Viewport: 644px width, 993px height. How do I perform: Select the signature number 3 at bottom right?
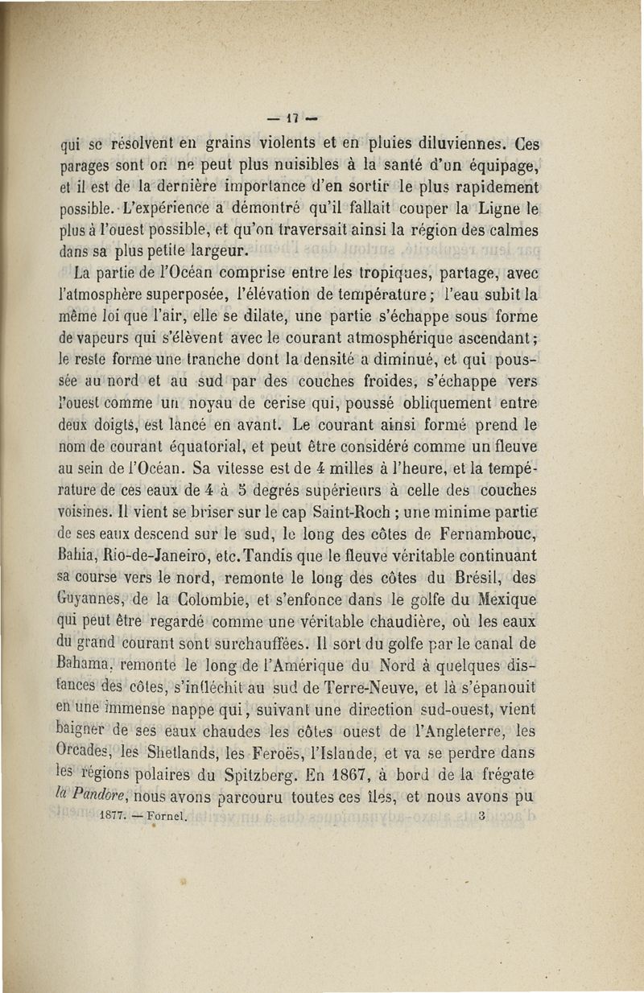(480, 814)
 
